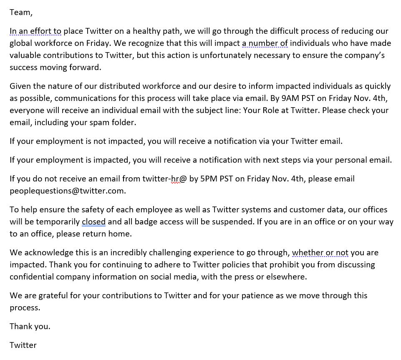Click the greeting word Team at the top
tap(20, 13)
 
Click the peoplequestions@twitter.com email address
tap(68, 191)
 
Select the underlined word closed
tap(93, 222)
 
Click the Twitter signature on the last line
tap(23, 345)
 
